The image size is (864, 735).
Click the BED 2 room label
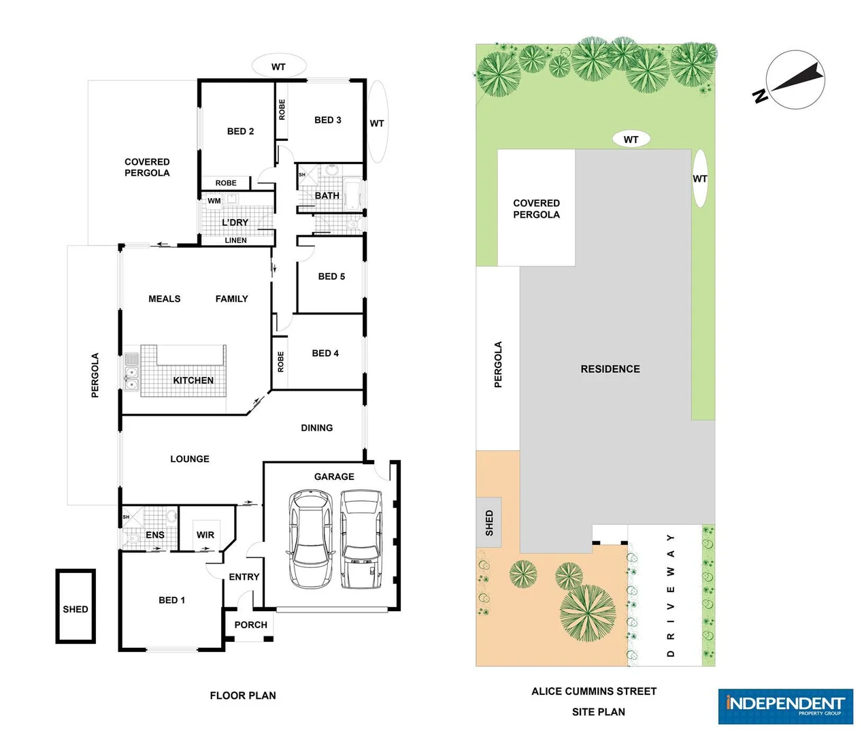(240, 131)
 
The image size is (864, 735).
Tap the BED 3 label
(327, 120)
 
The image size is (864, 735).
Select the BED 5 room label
(331, 276)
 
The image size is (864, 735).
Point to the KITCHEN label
(193, 380)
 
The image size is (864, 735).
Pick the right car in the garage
(361, 539)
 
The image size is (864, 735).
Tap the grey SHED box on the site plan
(489, 523)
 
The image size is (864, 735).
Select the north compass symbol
(795, 80)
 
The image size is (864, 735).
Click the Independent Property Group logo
(785, 706)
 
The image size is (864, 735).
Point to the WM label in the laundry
(214, 201)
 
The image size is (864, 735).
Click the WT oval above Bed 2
(278, 67)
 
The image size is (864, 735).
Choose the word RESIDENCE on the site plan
(610, 369)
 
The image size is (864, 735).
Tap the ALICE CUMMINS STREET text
(594, 691)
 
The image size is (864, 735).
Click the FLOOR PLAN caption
(243, 696)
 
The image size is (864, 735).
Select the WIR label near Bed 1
(205, 535)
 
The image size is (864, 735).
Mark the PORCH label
(250, 625)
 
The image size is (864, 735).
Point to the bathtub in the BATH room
(353, 195)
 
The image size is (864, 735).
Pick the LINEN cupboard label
(235, 240)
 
